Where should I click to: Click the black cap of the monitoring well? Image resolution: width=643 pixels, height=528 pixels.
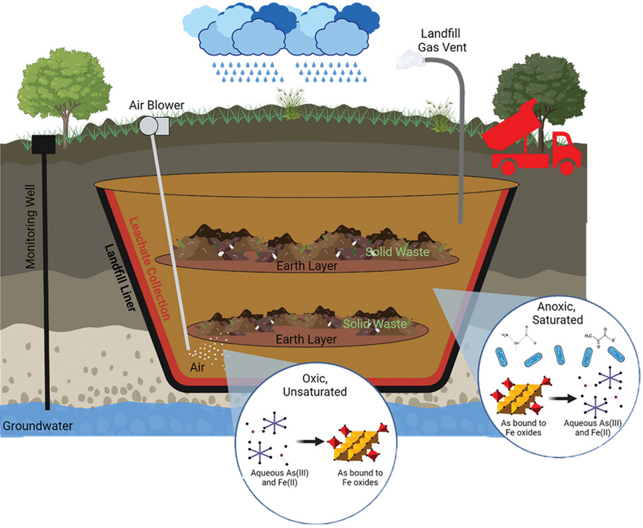(x=45, y=142)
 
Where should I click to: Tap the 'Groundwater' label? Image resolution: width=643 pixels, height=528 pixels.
(x=37, y=426)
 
